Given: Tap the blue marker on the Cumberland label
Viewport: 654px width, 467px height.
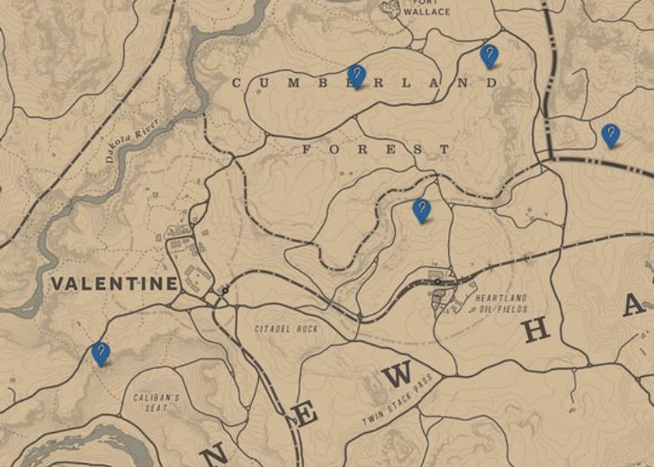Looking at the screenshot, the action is (x=357, y=76).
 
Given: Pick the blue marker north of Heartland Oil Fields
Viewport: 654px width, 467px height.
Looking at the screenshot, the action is (x=421, y=211).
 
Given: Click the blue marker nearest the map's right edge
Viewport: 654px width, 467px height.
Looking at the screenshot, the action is (x=611, y=135).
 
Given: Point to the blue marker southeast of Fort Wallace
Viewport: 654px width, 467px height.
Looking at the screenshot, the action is (x=489, y=57).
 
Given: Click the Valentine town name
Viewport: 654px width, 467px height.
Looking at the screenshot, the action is (x=114, y=283).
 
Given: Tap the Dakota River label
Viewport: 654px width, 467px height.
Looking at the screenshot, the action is (x=131, y=139).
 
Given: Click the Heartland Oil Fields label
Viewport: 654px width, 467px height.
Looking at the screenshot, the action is (x=501, y=303).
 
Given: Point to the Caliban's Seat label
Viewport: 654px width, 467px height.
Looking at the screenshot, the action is (x=157, y=402).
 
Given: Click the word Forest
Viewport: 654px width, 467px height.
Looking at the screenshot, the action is (x=363, y=148).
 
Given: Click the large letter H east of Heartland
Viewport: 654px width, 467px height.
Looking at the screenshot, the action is (x=536, y=330).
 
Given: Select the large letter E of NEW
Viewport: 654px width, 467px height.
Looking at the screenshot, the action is (x=307, y=417).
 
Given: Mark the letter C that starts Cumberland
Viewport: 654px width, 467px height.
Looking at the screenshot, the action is (x=237, y=83).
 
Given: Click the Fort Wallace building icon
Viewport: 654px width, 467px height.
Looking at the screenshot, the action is (x=390, y=8).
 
